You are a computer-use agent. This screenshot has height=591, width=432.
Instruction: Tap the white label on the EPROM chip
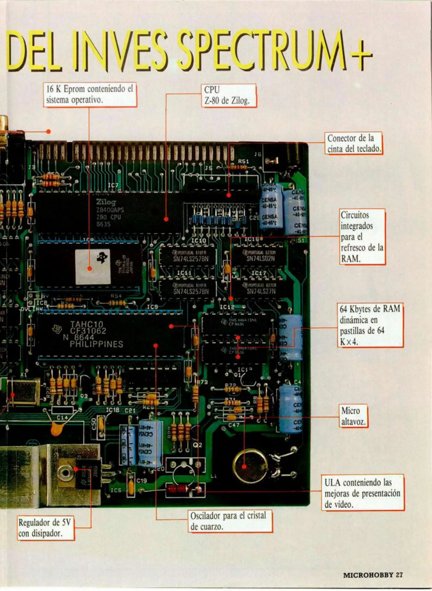[x=93, y=267]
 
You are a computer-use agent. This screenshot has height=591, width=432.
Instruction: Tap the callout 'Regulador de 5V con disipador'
[x=46, y=528]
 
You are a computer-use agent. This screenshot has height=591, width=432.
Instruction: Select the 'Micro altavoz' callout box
[x=353, y=416]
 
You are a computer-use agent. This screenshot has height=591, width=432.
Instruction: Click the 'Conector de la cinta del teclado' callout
[x=354, y=143]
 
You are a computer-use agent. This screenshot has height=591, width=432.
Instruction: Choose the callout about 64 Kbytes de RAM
[x=370, y=325]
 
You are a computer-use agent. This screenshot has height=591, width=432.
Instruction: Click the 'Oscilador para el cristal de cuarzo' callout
[x=230, y=521]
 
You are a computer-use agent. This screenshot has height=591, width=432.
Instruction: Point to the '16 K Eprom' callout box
[x=90, y=95]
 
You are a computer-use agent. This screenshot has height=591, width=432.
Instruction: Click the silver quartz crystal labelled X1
[x=23, y=391]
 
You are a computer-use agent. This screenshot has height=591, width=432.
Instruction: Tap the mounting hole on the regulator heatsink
[x=65, y=473]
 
